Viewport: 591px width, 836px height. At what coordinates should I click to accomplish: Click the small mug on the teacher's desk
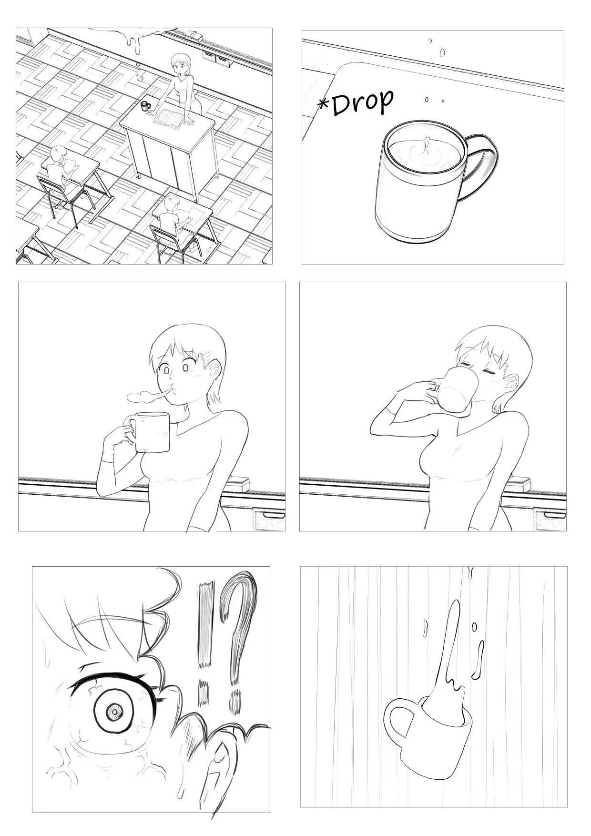click(145, 105)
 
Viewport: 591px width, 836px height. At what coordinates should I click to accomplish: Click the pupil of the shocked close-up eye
click(114, 712)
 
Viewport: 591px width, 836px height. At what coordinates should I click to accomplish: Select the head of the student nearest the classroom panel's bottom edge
click(172, 204)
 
